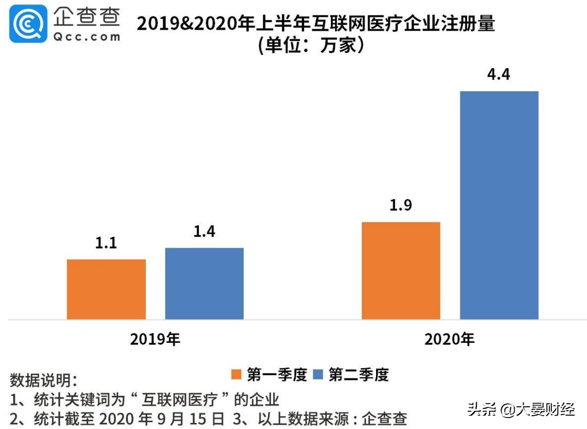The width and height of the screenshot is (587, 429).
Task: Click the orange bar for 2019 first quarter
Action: click(106, 289)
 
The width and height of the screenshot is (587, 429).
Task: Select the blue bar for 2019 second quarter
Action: click(204, 283)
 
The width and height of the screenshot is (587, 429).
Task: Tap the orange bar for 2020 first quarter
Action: click(400, 270)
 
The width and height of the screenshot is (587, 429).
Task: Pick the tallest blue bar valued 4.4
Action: click(499, 205)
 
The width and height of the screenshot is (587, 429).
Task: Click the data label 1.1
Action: click(106, 243)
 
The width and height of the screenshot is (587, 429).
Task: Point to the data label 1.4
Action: click(204, 231)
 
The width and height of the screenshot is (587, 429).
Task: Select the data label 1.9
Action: click(400, 206)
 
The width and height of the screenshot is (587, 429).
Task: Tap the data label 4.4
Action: click(499, 75)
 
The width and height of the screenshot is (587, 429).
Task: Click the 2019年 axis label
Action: click(155, 339)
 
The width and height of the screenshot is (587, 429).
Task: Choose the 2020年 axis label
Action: click(450, 339)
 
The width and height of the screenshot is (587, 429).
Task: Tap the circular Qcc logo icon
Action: click(28, 23)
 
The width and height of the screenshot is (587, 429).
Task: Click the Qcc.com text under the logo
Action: click(87, 37)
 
